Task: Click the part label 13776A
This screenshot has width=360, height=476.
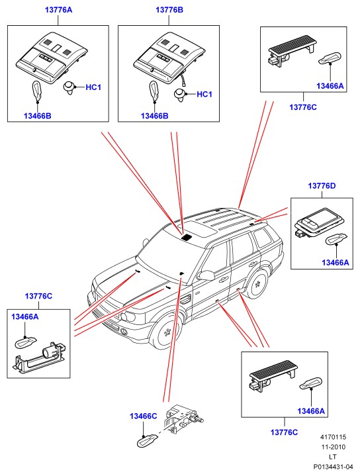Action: [x=59, y=10]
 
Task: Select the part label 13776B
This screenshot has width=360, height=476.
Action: [x=169, y=10]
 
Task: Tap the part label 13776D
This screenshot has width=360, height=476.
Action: [x=322, y=186]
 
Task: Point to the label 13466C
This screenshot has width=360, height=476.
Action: [x=143, y=416]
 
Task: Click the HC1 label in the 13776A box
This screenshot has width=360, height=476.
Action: [x=93, y=87]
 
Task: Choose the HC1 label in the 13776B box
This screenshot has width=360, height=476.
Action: [x=204, y=95]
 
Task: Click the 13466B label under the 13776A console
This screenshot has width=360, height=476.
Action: [x=37, y=116]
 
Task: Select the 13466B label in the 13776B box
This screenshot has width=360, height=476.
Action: [x=154, y=116]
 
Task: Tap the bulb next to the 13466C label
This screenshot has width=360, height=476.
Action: [x=148, y=440]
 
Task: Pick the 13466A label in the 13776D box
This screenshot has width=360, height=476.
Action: [x=336, y=263]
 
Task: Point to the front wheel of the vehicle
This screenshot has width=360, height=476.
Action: [x=167, y=332]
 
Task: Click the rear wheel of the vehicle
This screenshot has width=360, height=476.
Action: [x=257, y=285]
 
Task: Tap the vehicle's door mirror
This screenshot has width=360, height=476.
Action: [x=206, y=275]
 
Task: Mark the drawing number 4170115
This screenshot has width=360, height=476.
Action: [x=333, y=437]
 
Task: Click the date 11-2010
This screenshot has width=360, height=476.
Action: [x=334, y=447]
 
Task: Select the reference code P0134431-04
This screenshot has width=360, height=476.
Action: [x=334, y=466]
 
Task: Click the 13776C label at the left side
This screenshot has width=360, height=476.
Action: [x=38, y=296]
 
